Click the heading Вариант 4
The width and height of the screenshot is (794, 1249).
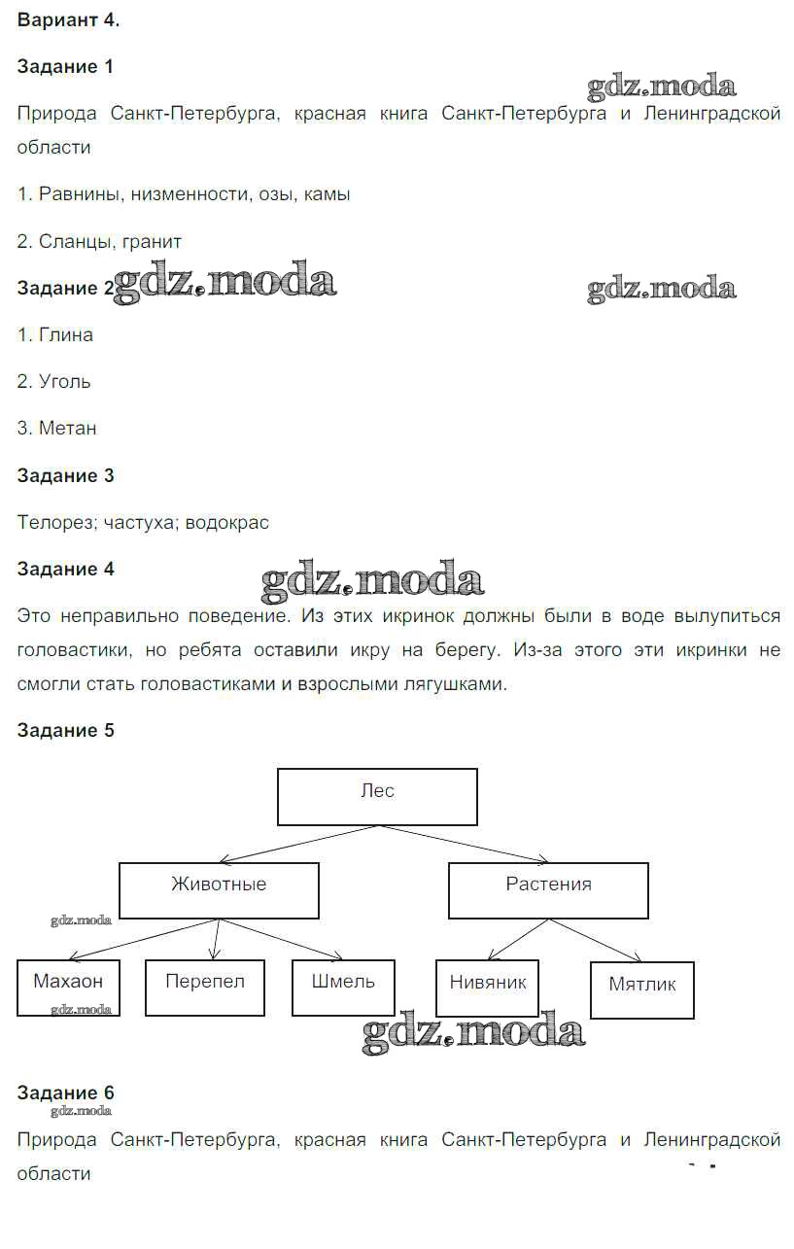pyautogui.click(x=68, y=20)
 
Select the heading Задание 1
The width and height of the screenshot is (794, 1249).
pyautogui.click(x=65, y=67)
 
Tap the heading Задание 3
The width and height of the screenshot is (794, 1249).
pyautogui.click(x=65, y=475)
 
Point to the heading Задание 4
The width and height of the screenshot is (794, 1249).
pyautogui.click(x=65, y=570)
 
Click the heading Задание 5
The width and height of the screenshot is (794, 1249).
pyautogui.click(x=65, y=730)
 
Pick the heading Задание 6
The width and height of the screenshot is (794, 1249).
pyautogui.click(x=65, y=1093)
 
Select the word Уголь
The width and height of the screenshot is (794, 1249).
pyautogui.click(x=65, y=381)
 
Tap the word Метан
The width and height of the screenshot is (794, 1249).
pyautogui.click(x=68, y=428)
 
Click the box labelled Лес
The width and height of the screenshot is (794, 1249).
pyautogui.click(x=377, y=796)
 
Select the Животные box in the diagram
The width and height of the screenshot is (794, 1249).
pyautogui.click(x=219, y=890)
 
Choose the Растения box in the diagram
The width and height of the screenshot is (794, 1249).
pyautogui.click(x=548, y=890)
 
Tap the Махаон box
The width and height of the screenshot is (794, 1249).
pyautogui.click(x=68, y=988)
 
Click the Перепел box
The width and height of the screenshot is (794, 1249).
pyautogui.click(x=205, y=988)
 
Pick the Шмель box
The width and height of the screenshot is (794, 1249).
pyautogui.click(x=344, y=988)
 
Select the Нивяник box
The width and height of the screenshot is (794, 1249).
pyautogui.click(x=488, y=988)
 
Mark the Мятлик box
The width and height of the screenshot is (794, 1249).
pyautogui.click(x=642, y=989)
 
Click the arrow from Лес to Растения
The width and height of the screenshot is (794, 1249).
pyautogui.click(x=465, y=843)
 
